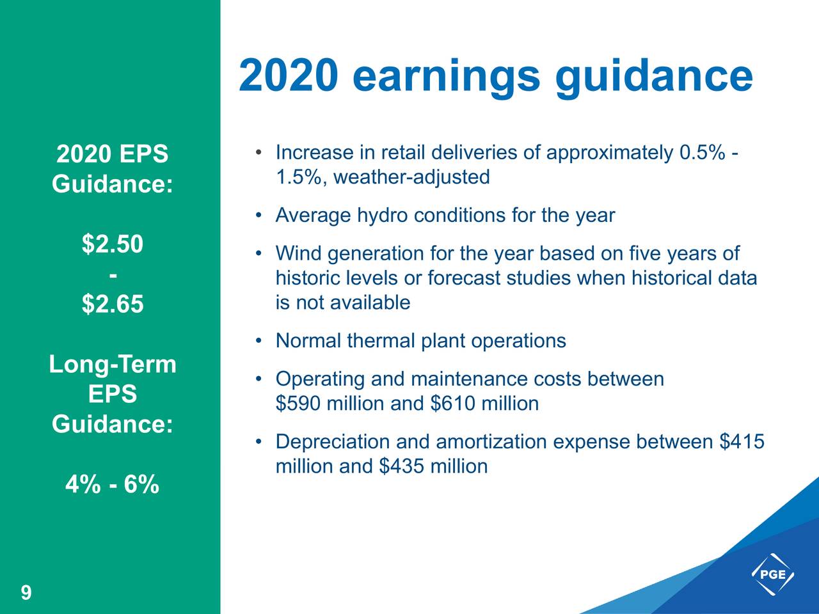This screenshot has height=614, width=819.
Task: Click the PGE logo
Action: (772, 574)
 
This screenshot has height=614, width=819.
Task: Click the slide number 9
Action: (26, 593)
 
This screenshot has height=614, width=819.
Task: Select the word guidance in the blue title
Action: (654, 76)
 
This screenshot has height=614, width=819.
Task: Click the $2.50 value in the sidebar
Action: (113, 244)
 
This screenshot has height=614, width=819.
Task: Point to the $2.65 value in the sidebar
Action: (113, 304)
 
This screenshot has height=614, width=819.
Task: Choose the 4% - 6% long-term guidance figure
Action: (112, 485)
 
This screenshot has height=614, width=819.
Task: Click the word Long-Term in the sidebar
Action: (113, 365)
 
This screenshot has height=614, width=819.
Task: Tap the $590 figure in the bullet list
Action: (298, 404)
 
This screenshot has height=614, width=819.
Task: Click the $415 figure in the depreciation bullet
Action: (742, 442)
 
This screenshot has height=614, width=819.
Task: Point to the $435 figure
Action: (401, 466)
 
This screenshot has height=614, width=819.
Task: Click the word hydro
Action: (382, 216)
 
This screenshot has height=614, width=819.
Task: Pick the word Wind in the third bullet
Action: (299, 254)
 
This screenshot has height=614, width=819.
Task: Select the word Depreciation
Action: (333, 442)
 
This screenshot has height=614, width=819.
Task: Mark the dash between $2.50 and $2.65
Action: (113, 274)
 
